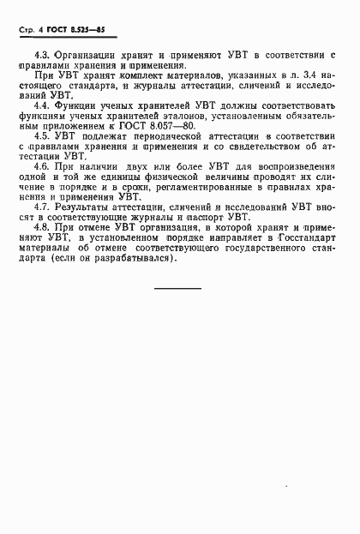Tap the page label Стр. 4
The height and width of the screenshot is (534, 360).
[30, 30]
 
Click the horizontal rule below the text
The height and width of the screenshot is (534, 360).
[177, 287]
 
